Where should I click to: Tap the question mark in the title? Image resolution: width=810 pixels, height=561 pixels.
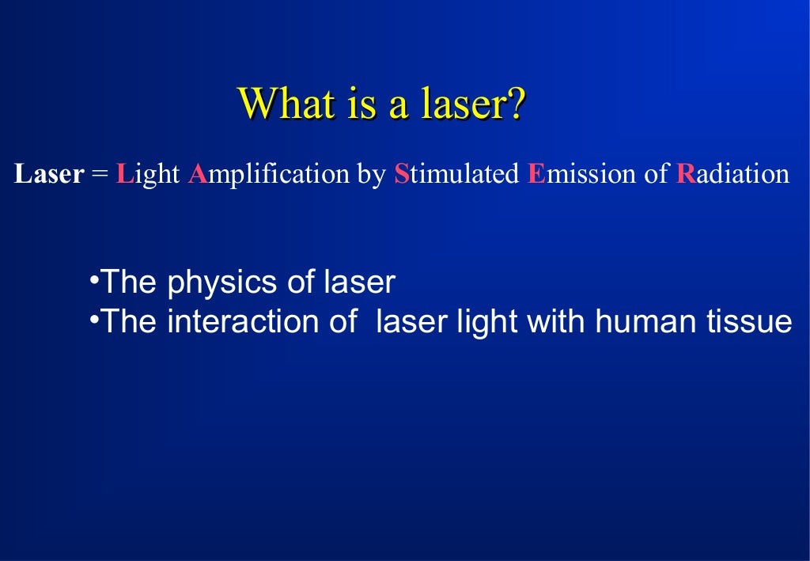coord(514,104)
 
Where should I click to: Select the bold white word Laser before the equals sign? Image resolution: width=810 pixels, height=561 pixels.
coord(49,174)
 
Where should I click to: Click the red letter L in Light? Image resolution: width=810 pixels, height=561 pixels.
coord(123,174)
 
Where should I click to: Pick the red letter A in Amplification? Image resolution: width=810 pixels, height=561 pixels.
coord(197,174)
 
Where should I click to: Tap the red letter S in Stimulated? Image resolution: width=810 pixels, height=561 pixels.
coord(401,174)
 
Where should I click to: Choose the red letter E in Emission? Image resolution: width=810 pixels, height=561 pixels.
coord(536,174)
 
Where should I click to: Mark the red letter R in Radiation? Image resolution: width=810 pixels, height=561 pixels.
coord(684,174)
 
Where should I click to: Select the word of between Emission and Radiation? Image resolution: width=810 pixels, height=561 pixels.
coord(657,174)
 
